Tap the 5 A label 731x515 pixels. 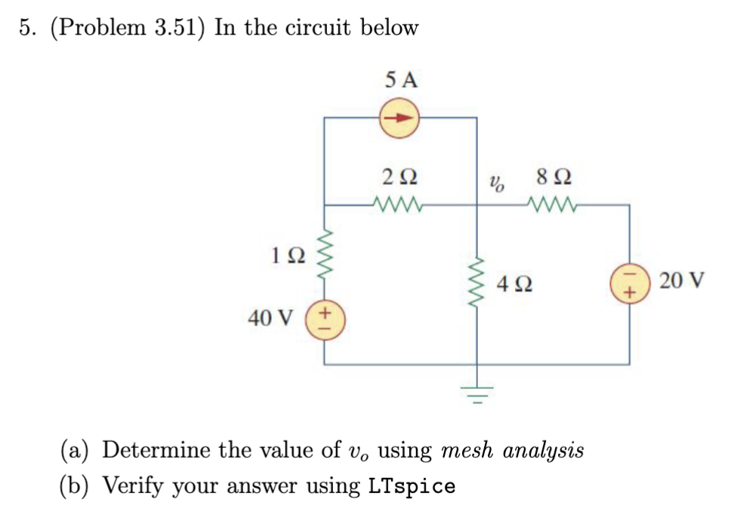400,80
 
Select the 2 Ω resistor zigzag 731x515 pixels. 398,204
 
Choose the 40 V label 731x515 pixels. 270,319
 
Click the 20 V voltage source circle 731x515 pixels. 629,285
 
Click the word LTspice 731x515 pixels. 412,486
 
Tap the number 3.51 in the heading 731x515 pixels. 176,28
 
